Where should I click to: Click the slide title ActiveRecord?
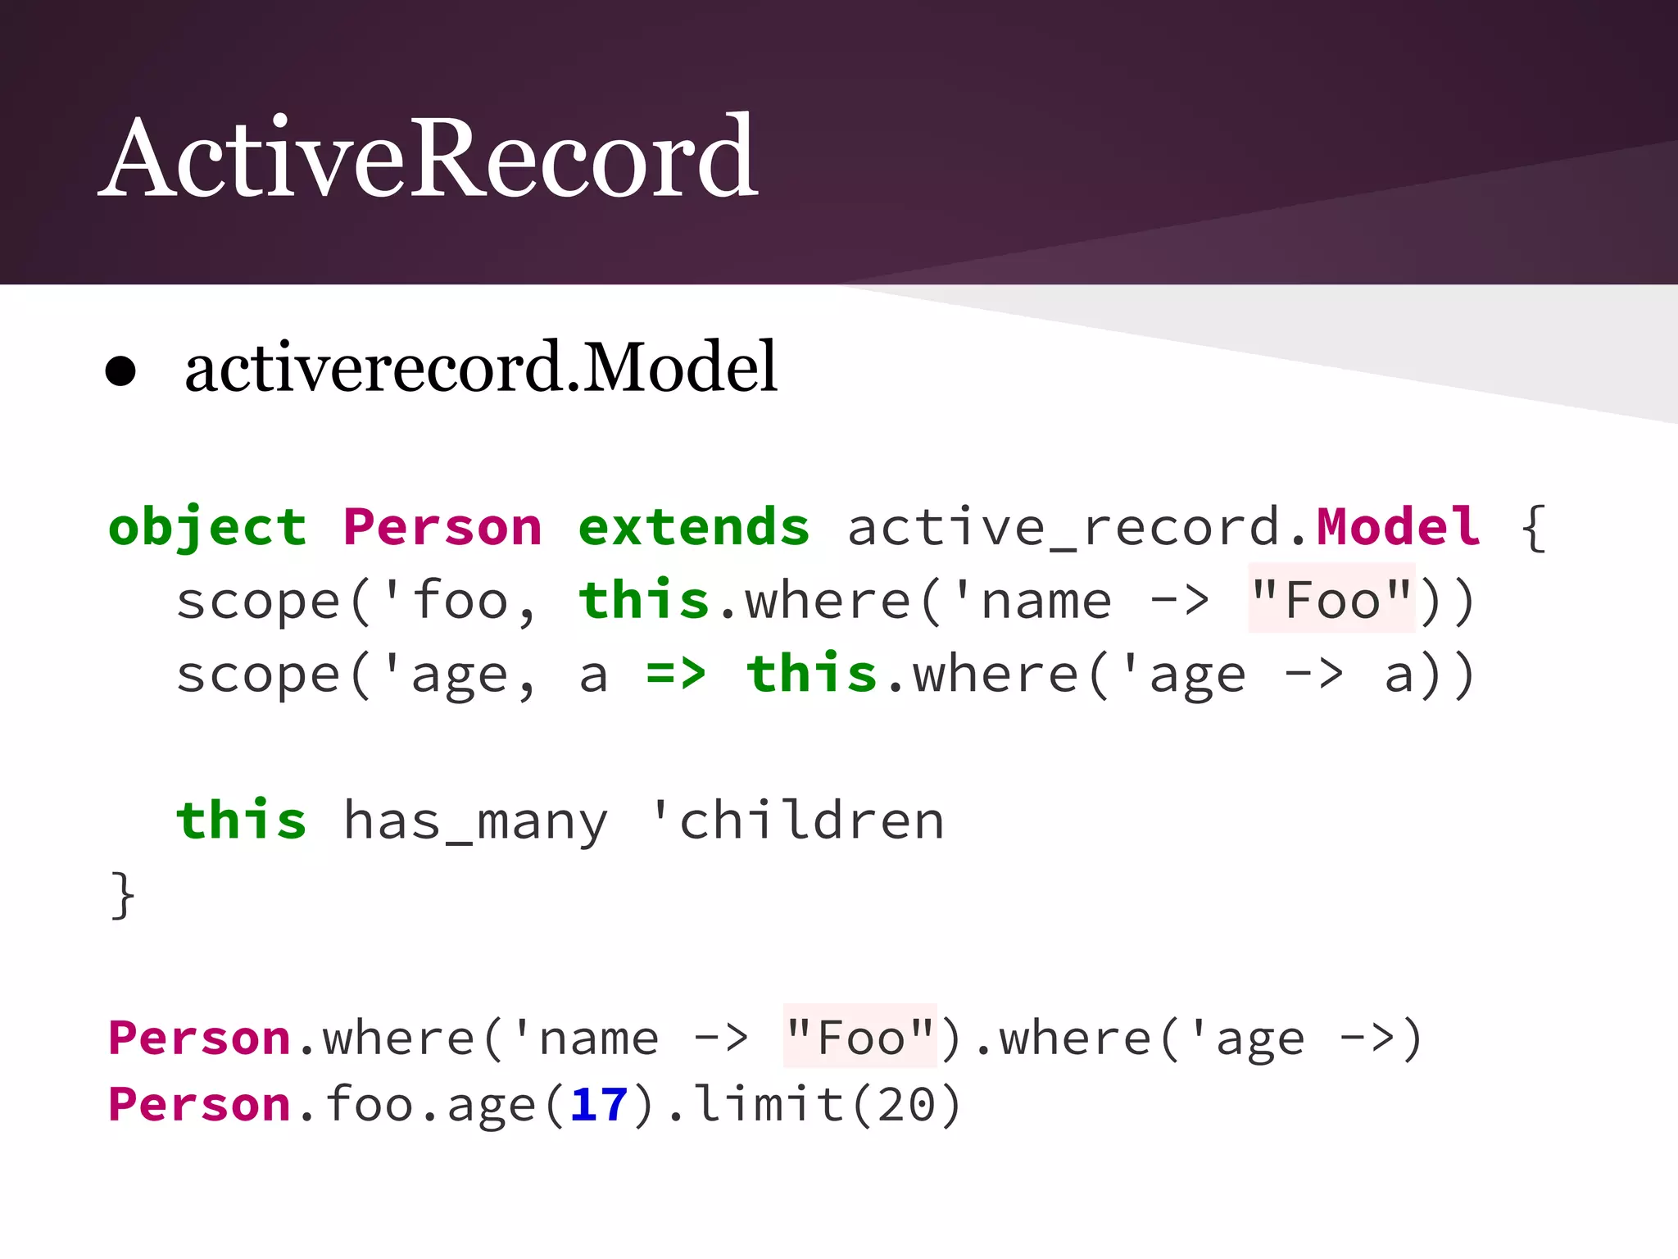click(x=429, y=157)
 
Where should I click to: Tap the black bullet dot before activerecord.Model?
click(x=120, y=371)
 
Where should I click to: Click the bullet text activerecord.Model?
click(x=480, y=368)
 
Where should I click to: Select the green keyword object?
click(x=207, y=526)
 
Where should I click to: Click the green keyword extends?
click(x=694, y=526)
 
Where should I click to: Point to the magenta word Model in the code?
click(x=1398, y=526)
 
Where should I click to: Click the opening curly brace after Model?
click(x=1533, y=529)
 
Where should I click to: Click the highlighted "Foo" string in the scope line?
click(x=1331, y=600)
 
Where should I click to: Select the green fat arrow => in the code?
click(x=676, y=674)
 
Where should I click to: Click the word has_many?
click(x=475, y=821)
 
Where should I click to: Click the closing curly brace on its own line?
click(x=123, y=895)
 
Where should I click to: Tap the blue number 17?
click(x=599, y=1105)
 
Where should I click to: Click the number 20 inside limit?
click(x=906, y=1105)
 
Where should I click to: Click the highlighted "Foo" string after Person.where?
click(x=859, y=1038)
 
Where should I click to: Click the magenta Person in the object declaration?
click(x=442, y=526)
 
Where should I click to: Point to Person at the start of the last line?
click(x=199, y=1105)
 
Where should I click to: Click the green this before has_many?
click(x=242, y=820)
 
